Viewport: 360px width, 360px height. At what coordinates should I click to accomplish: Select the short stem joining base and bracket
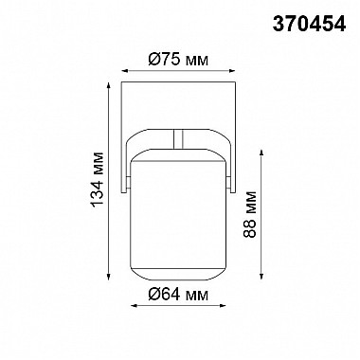[x=179, y=137]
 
